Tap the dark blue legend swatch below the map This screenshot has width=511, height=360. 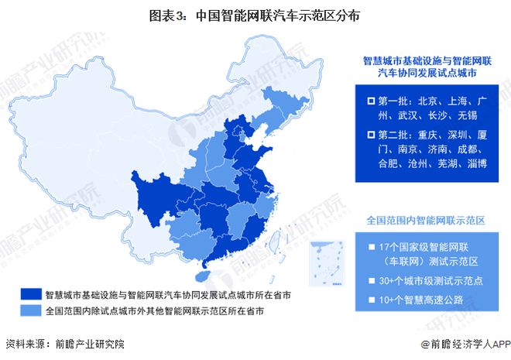pyautogui.click(x=30, y=294)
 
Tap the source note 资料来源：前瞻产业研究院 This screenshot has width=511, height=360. pyautogui.click(x=64, y=343)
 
